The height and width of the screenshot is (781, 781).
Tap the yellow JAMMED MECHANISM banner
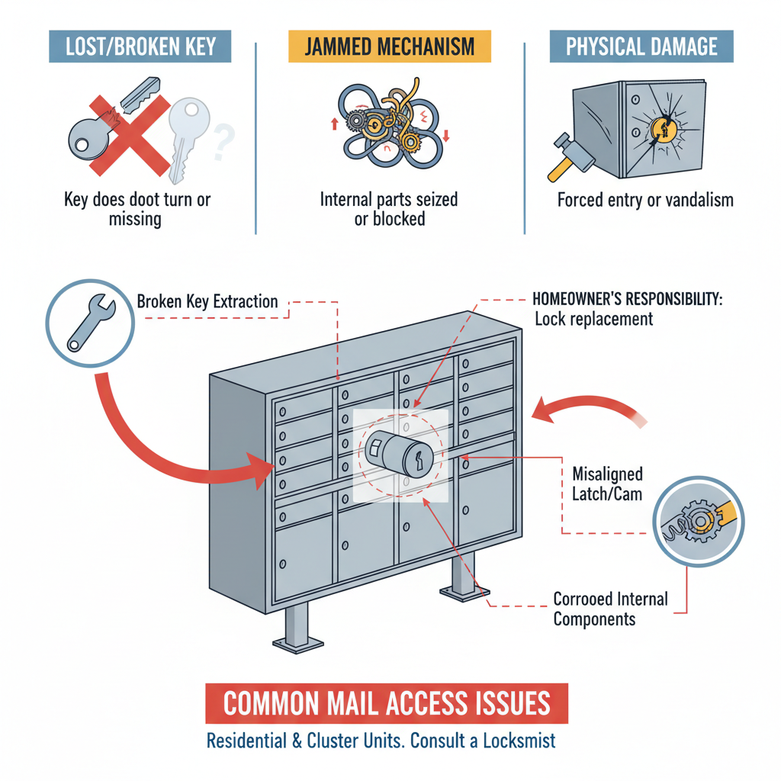coord(390,47)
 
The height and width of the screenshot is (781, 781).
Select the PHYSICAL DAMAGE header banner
coord(641,47)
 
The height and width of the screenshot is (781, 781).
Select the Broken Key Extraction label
coord(207,301)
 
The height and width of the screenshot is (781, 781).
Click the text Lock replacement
coord(593,319)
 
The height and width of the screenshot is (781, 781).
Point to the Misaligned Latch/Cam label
coord(607,484)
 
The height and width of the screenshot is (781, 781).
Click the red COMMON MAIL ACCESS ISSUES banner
coord(387,702)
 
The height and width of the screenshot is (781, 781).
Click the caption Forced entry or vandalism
coord(645,201)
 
